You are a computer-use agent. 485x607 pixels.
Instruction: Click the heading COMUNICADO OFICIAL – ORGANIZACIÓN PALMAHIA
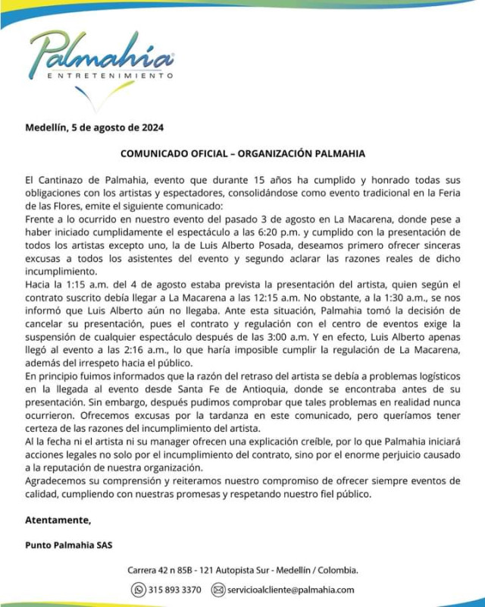click(x=242, y=153)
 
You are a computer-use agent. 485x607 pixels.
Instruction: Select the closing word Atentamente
click(x=58, y=521)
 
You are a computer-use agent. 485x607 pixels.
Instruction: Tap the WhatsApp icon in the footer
click(x=139, y=590)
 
